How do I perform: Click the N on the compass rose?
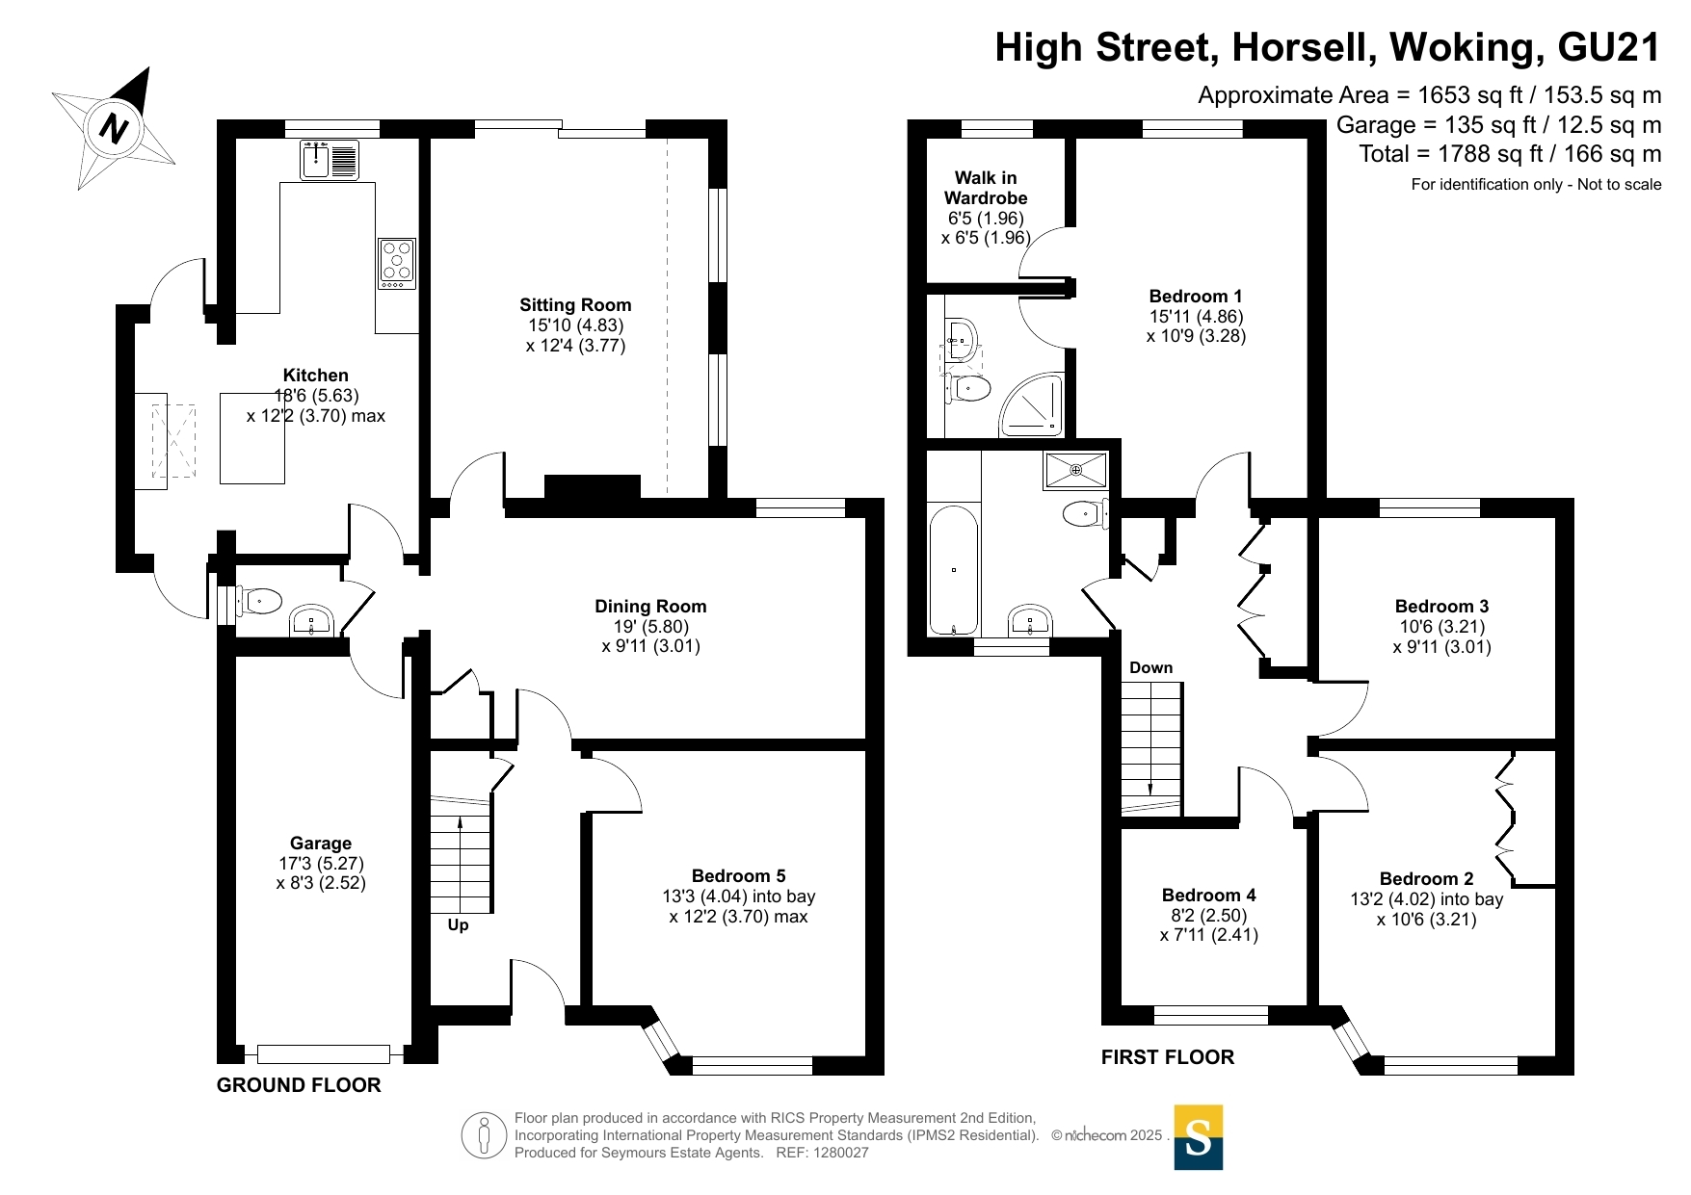coord(115,128)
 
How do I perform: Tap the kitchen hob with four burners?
coord(397,264)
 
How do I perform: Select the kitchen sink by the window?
coord(330,160)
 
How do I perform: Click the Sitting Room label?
coord(575,305)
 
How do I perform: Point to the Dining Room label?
coord(650,606)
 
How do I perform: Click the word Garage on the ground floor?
coord(321,843)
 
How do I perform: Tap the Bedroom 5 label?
coord(738,875)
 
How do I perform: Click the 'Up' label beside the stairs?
coord(458,924)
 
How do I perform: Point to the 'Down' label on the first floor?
coord(1150,667)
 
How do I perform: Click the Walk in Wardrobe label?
coord(986,188)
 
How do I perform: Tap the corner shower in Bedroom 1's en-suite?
coord(1033,404)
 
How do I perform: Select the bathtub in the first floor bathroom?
coord(954,569)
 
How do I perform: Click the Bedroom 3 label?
coord(1441,606)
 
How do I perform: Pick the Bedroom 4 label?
coord(1208,895)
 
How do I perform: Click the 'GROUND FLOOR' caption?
coord(299,1085)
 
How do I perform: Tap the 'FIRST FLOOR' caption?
coord(1168,1057)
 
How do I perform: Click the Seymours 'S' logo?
coord(1199,1137)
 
